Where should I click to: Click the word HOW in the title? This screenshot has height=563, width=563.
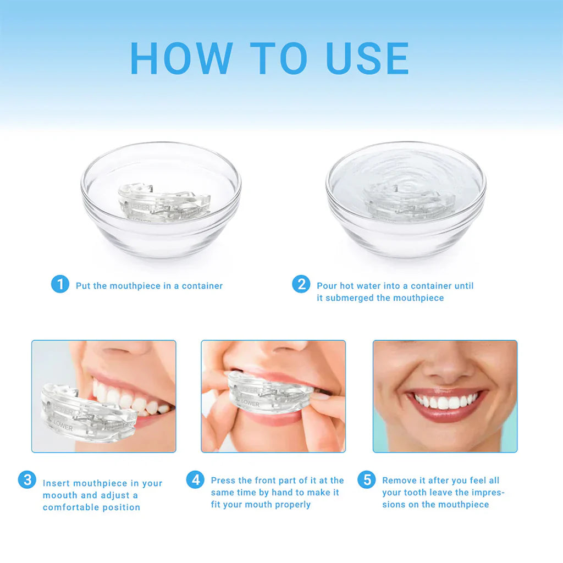point(181,58)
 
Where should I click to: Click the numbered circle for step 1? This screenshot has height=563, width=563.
point(60,284)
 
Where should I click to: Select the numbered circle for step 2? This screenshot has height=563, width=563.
point(301,284)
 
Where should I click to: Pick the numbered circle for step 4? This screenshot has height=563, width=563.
point(195,479)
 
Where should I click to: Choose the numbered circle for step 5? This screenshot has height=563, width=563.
point(366,479)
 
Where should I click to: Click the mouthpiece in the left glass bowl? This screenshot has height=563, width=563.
point(163,203)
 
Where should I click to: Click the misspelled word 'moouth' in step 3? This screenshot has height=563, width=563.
point(60,495)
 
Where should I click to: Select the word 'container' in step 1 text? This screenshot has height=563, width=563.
point(202,286)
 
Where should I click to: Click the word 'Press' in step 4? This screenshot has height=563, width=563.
point(223,481)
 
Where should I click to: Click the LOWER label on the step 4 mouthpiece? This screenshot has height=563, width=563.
point(249,404)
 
